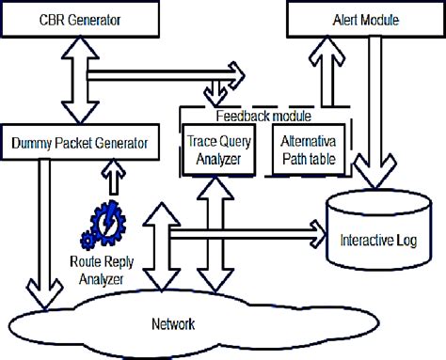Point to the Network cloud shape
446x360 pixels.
(174, 324)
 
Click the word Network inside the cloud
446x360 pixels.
(173, 325)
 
